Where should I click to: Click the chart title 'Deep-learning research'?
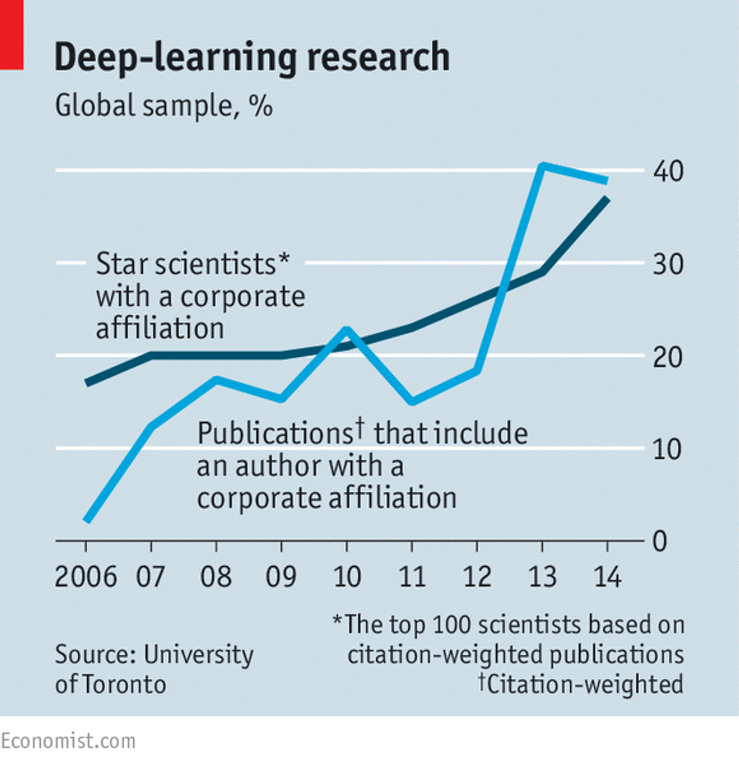pos(252,57)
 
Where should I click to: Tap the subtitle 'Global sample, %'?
pos(163,106)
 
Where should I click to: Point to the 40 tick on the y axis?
pos(668,171)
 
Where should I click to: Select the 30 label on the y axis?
pos(668,264)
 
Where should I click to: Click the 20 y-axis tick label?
pos(668,357)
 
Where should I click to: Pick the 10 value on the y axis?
pos(667,450)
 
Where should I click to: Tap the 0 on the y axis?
pos(659,541)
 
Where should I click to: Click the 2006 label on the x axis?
pos(85,577)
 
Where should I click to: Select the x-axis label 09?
pos(281,577)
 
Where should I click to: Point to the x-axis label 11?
pos(412,577)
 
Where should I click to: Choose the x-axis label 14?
pos(607,577)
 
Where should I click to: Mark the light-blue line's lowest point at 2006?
pos(87,520)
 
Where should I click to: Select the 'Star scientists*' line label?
pos(192,264)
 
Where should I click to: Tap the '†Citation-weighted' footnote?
pos(581,685)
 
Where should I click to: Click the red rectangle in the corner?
pos(12,35)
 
